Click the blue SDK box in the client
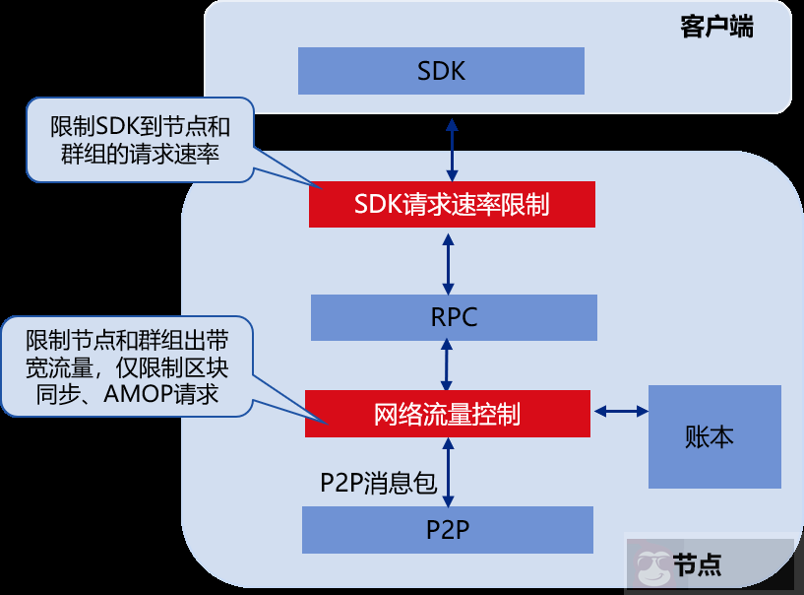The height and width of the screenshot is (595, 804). [441, 71]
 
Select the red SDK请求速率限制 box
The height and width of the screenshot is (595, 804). [452, 204]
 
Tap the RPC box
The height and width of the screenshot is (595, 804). [454, 317]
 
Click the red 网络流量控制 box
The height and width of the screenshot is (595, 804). [447, 414]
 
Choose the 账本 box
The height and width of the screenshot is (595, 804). [713, 436]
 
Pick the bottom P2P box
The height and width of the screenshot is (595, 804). [448, 529]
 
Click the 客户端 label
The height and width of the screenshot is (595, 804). [716, 27]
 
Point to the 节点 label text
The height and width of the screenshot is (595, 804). [698, 565]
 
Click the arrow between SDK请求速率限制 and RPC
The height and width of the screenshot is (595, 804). [449, 261]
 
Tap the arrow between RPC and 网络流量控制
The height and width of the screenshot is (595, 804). [449, 364]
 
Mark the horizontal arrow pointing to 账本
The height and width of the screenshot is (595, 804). [619, 410]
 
